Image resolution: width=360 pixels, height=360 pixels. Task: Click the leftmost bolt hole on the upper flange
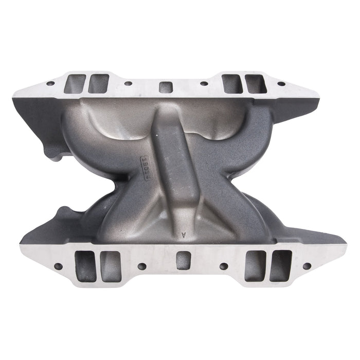pos(50,83)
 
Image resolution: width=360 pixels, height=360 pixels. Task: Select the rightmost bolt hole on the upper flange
pos(281,83)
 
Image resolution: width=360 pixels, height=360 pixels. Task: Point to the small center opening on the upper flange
pos(165,86)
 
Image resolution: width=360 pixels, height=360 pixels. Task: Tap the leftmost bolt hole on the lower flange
pos(58,266)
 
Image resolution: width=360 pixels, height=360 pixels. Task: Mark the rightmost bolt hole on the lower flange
pos(307,266)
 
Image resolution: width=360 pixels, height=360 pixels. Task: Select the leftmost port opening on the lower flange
pos(85,266)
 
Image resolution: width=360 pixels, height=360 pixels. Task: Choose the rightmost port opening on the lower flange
pos(280,266)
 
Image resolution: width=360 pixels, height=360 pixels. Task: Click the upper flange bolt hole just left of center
pos(127,83)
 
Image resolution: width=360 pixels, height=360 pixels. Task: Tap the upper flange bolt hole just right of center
pos(204,83)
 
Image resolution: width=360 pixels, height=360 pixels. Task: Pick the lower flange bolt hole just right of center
pos(224,266)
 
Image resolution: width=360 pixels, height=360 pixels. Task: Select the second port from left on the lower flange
pos(111,266)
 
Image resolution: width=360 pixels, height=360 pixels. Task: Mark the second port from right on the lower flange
pos(255,266)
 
